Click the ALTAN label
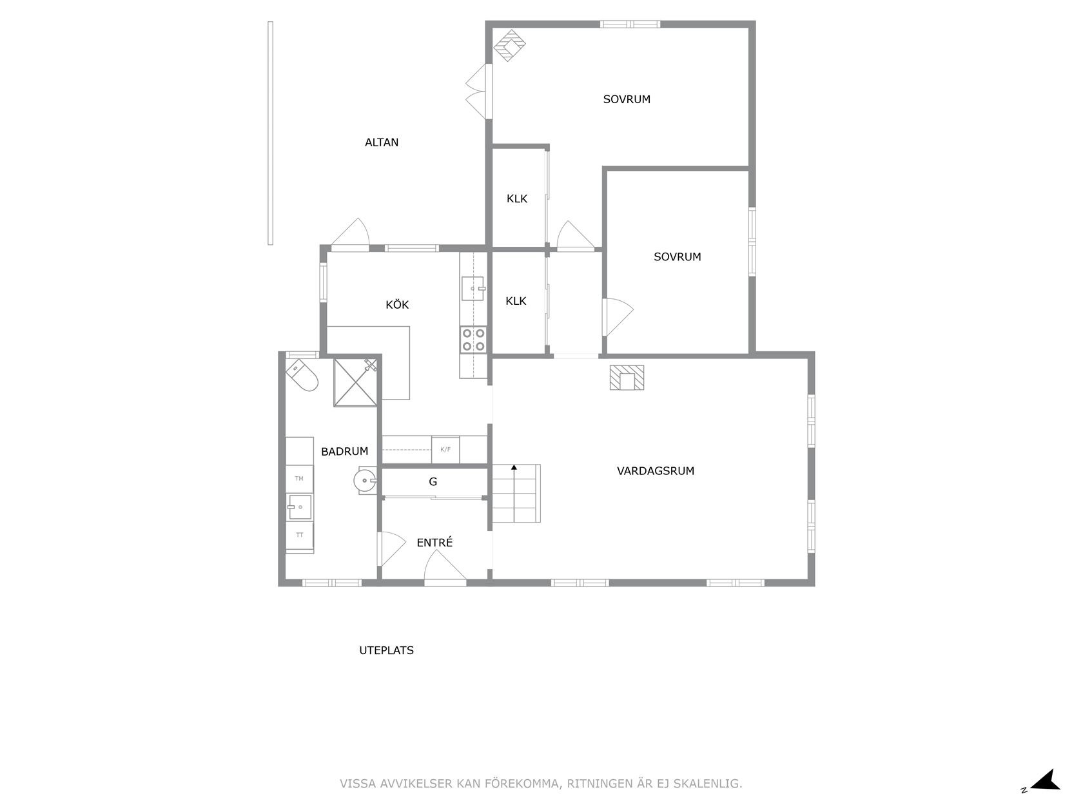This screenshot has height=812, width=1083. pos(382,142)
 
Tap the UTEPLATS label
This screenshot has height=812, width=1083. pos(386,650)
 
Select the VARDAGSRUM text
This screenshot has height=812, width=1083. pos(655,471)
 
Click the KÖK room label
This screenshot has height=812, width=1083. pos(397,305)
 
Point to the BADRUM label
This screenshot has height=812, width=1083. pos(344,451)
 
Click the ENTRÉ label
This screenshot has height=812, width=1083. pos(434,543)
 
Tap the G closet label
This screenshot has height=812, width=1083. pos(433,481)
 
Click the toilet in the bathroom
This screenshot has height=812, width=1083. pos(302,374)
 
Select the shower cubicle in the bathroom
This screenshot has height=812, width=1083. pos(355,383)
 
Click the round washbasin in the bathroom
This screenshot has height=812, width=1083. pos(365,480)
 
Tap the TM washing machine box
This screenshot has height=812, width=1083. pos(299,479)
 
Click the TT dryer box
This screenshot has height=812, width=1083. pos(300,536)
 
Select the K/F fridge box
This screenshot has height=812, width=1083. pos(445,449)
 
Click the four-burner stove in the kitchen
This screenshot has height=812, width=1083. pos(473,340)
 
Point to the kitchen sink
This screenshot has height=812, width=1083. pos(473,289)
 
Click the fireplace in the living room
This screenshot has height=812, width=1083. pos(627,378)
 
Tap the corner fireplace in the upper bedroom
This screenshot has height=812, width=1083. pos(510,45)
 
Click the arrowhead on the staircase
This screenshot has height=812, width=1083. pos(514,467)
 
